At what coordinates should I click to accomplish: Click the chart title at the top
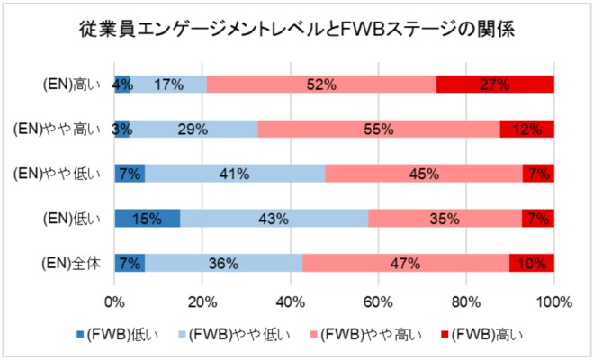pyautogui.click(x=297, y=29)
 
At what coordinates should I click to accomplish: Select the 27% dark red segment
pyautogui.click(x=495, y=85)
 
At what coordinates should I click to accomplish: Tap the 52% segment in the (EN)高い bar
pyautogui.click(x=321, y=85)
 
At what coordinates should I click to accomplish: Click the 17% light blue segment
pyautogui.click(x=169, y=85)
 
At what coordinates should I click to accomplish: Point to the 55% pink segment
pyautogui.click(x=379, y=129)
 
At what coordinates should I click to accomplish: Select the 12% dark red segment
pyautogui.click(x=526, y=129)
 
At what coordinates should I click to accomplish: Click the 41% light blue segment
pyautogui.click(x=235, y=173)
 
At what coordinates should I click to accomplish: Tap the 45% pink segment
pyautogui.click(x=423, y=173)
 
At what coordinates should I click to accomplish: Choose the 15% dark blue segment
pyautogui.click(x=147, y=218)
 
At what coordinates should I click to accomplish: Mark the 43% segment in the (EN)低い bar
pyautogui.click(x=274, y=218)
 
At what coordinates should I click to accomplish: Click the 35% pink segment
pyautogui.click(x=445, y=218)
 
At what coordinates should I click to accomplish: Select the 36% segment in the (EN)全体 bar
pyautogui.click(x=224, y=263)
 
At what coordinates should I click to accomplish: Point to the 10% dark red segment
pyautogui.click(x=532, y=263)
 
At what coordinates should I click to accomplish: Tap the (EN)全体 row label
pyautogui.click(x=76, y=263)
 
